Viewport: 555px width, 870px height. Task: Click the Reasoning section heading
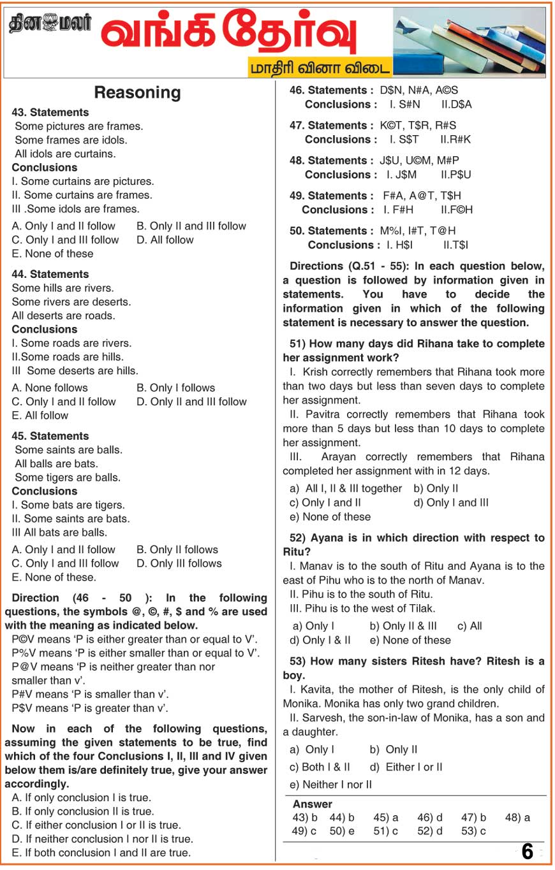(x=137, y=93)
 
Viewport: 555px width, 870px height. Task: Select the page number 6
(x=527, y=852)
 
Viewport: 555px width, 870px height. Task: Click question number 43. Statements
(x=50, y=112)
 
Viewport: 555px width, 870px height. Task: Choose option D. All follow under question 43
(x=165, y=240)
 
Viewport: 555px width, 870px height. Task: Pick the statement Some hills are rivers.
(x=63, y=288)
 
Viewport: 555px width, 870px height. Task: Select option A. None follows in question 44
(x=50, y=388)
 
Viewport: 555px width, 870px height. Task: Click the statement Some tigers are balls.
(x=68, y=477)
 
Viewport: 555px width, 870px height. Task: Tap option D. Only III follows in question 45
(x=179, y=563)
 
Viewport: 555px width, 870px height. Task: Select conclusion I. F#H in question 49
(x=398, y=209)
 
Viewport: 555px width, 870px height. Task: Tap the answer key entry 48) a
(x=517, y=817)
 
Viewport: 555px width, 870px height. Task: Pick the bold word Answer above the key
(x=313, y=804)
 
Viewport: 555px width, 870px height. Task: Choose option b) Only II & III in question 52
(x=403, y=626)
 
